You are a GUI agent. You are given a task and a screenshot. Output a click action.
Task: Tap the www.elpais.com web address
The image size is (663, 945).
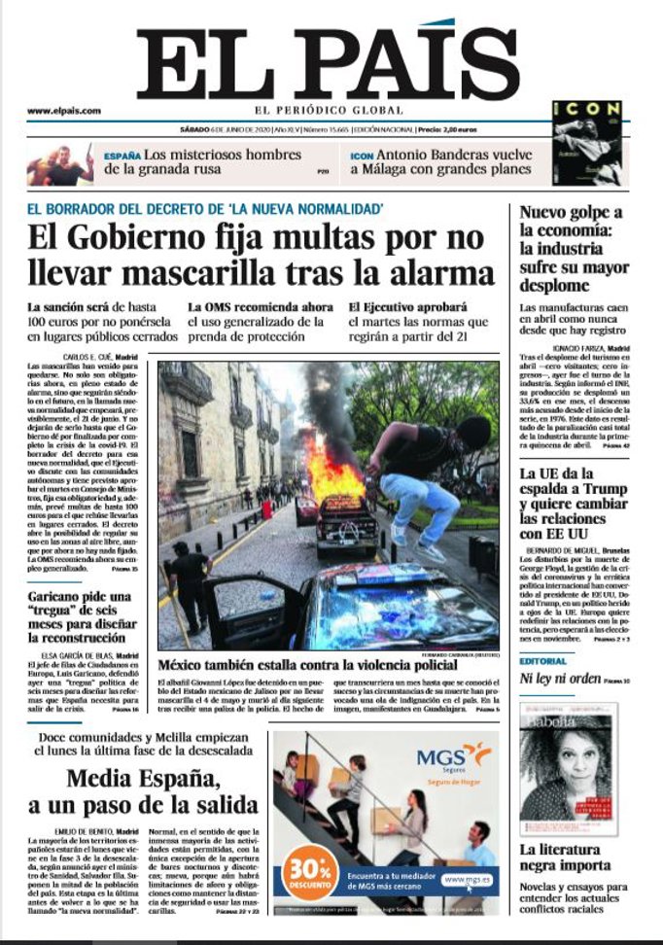coord(63,111)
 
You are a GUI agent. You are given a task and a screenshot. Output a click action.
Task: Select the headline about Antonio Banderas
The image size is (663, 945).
coord(440,162)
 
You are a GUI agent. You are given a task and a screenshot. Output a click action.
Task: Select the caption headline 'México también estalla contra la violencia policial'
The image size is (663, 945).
coord(306,665)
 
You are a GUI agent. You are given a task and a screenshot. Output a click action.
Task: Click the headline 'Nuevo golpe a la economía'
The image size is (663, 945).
coord(572,250)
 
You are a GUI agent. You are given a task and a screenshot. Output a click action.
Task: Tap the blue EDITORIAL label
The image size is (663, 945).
coord(542,661)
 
